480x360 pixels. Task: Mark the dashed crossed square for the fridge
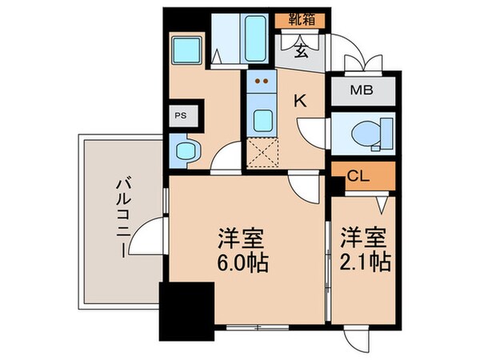point(261,152)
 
